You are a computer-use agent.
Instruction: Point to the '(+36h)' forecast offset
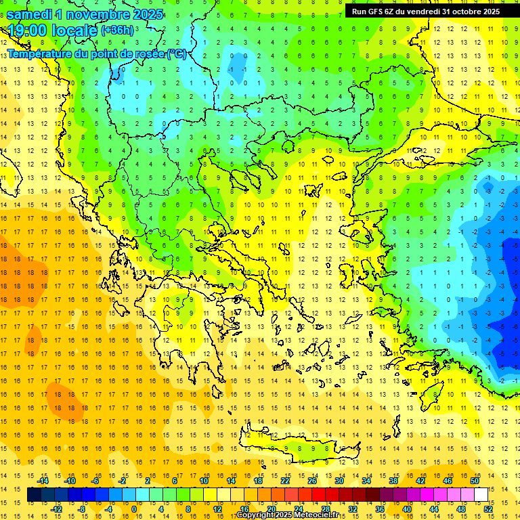point(117,30)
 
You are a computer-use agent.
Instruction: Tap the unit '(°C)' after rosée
point(177,53)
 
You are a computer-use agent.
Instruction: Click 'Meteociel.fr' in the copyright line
point(317,515)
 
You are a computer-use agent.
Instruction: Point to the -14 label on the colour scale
point(44,481)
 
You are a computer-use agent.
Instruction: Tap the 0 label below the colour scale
point(133,508)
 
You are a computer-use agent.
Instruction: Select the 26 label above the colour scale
point(312,481)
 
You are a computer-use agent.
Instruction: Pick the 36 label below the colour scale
point(380,508)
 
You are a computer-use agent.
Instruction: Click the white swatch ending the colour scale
point(481,495)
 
